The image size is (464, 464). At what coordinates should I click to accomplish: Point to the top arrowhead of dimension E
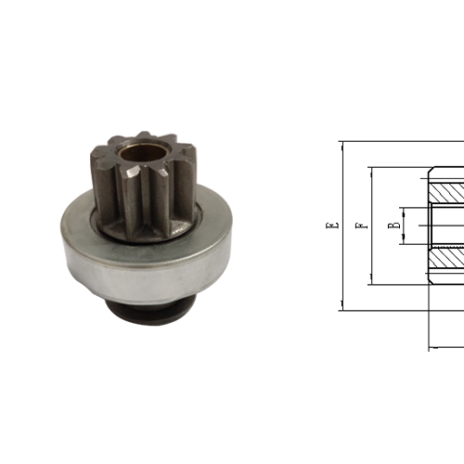(342, 145)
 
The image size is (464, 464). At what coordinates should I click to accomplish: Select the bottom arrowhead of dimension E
(342, 306)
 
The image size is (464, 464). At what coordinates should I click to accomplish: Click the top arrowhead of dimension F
(372, 171)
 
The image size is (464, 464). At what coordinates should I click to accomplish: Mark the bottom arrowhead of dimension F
(372, 280)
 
